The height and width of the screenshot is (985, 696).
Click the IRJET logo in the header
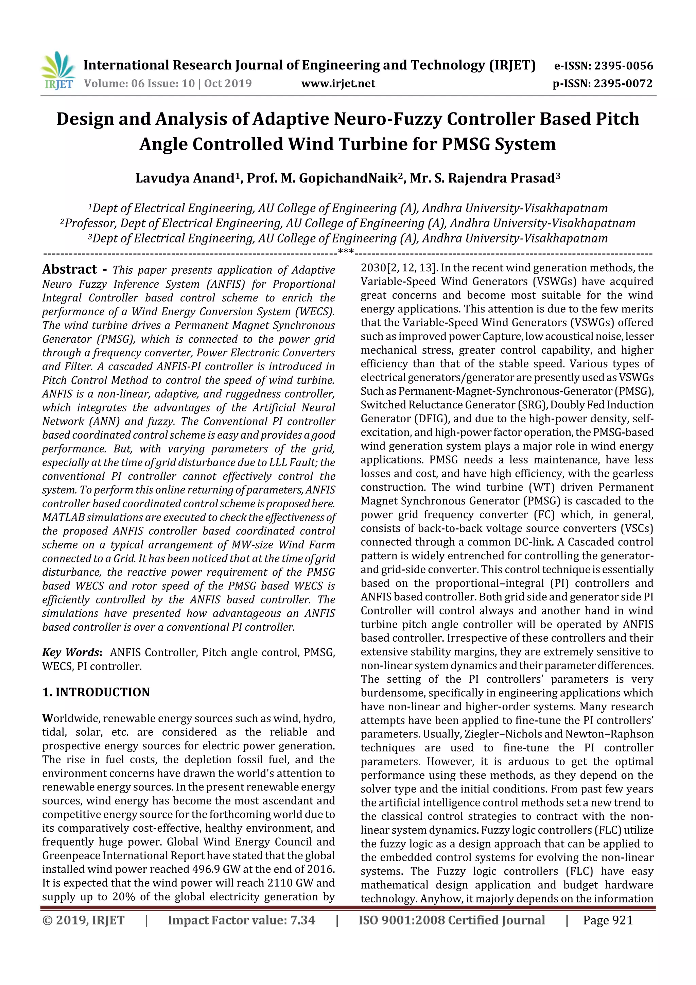pyautogui.click(x=58, y=71)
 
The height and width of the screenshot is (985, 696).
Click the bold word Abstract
pyautogui.click(x=69, y=269)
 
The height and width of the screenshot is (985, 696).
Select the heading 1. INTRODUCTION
pyautogui.click(x=96, y=692)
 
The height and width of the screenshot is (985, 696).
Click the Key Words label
pyautogui.click(x=71, y=652)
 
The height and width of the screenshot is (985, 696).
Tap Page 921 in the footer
pyautogui.click(x=608, y=920)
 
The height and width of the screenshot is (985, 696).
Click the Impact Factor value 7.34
pyautogui.click(x=302, y=920)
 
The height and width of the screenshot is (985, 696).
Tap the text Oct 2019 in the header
pyautogui.click(x=228, y=83)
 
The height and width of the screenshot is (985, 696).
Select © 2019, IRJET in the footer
pyautogui.click(x=83, y=920)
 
